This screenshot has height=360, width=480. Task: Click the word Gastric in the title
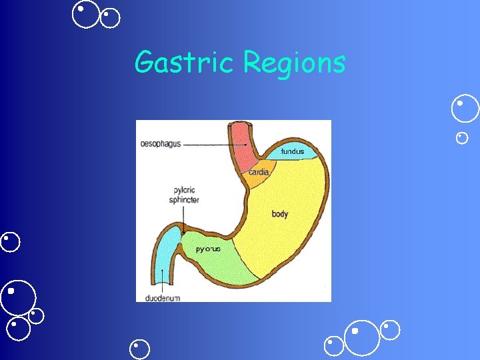[186, 63]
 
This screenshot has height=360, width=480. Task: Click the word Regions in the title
[294, 64]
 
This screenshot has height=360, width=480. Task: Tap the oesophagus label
[161, 144]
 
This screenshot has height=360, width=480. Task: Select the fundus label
[292, 152]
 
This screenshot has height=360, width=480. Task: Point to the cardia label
[259, 172]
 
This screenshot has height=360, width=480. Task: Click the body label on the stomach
[280, 214]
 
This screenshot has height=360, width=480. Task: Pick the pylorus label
[208, 249]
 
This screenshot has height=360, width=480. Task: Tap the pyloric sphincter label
[186, 195]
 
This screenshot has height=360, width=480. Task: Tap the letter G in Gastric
[143, 63]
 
